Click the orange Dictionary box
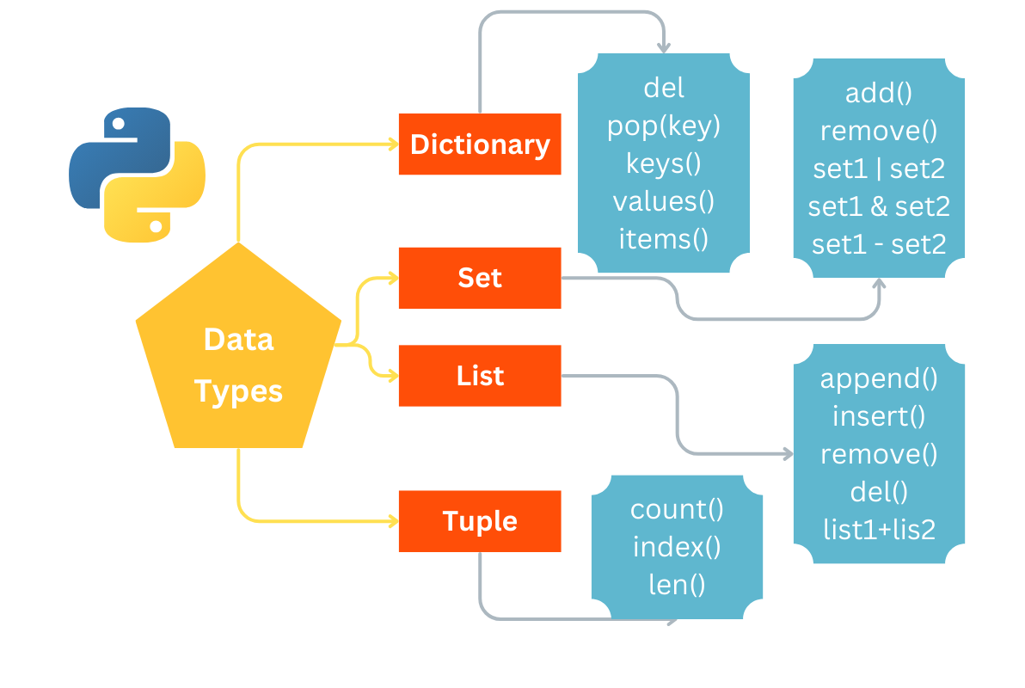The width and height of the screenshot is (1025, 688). point(480,144)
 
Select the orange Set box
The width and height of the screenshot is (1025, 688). point(480,278)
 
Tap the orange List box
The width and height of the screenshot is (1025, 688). point(480,376)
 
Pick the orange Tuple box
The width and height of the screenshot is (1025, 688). point(480,521)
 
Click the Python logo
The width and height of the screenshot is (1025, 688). point(137,175)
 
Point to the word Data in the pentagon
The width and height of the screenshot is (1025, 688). point(238,340)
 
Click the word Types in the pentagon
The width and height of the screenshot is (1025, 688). point(238,391)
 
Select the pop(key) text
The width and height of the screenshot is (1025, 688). point(663,126)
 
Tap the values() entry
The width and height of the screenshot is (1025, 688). point(663,201)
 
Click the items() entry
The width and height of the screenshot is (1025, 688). point(663,238)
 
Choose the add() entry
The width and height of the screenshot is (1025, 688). point(879,94)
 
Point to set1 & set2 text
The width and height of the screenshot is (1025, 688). point(879,206)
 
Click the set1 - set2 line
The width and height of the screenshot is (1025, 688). point(879,244)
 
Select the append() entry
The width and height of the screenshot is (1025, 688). point(879,378)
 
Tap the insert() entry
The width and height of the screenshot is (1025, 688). point(879,416)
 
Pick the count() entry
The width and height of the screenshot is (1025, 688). point(677,509)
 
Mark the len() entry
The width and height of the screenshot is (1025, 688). point(677,585)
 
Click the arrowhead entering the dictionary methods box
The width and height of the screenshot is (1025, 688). point(663,46)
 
